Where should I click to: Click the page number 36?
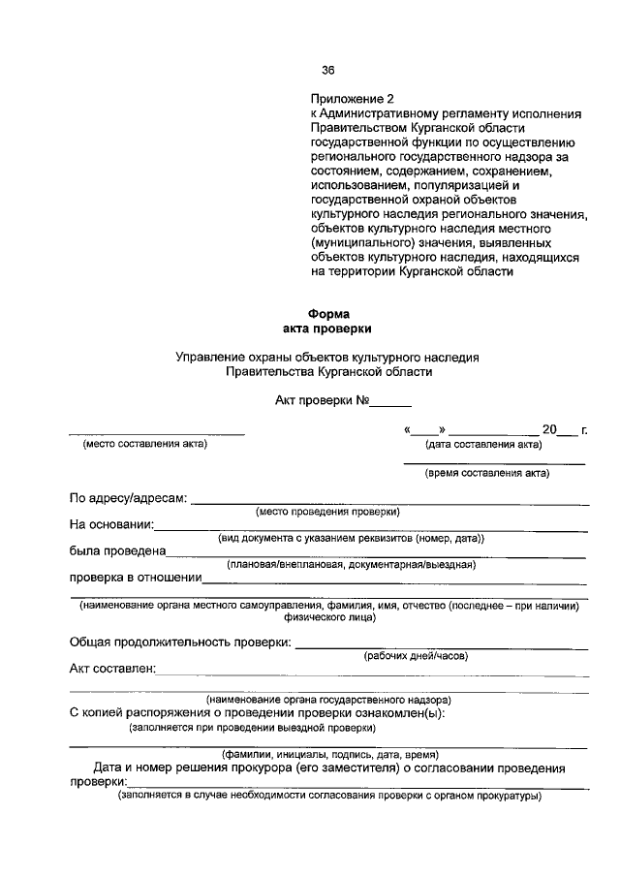point(327,70)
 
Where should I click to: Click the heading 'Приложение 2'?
point(353,99)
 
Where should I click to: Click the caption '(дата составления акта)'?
point(483,445)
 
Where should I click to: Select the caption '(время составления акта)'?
point(487,474)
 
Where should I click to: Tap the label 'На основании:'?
point(111,525)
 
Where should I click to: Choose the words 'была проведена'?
point(117,551)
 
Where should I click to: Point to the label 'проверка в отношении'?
point(135,579)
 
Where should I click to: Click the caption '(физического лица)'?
point(328,616)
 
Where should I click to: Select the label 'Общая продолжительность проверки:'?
point(179,642)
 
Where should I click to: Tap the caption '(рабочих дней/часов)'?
point(416,656)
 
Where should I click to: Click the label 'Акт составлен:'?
point(112,669)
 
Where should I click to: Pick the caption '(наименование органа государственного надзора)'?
point(328,700)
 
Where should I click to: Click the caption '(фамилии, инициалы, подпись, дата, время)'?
point(330,754)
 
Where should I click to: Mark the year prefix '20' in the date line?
point(550,429)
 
